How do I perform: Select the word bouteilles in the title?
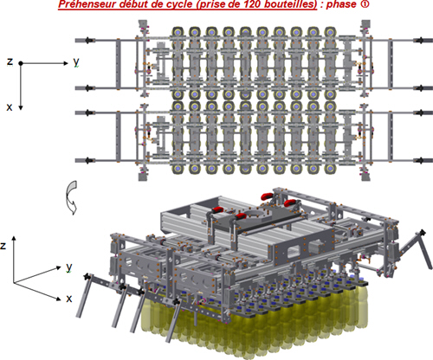[x=292, y=4]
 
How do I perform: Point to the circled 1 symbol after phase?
[x=365, y=4]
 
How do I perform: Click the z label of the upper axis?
[x=10, y=61]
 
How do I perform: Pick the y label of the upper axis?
[x=76, y=61]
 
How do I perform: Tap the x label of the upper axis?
[x=10, y=107]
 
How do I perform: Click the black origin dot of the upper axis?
[x=21, y=63]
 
